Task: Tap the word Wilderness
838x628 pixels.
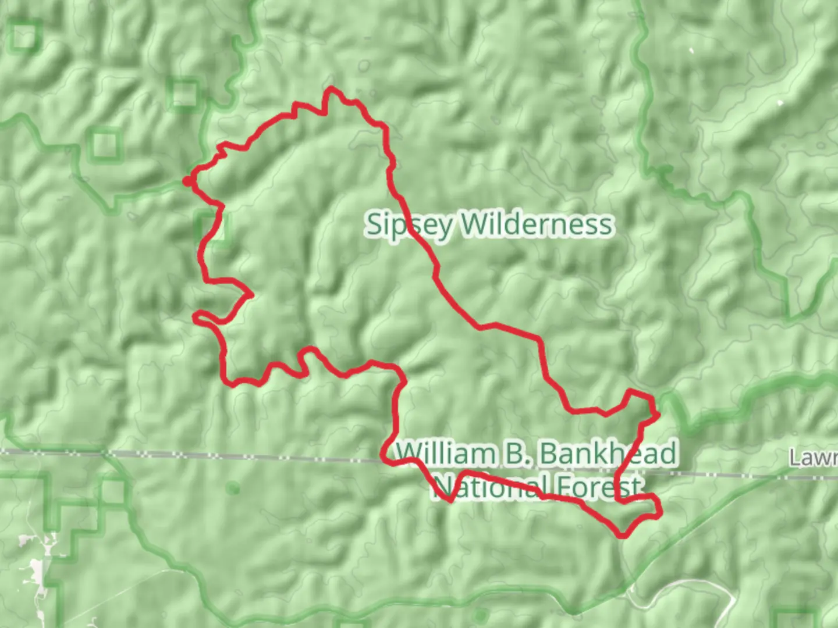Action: pos(537,224)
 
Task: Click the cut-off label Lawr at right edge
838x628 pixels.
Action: pos(813,458)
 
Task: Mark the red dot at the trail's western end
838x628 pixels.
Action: pos(187,181)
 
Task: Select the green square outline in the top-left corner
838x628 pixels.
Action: pos(24,36)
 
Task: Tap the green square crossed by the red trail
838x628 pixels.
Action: pos(212,229)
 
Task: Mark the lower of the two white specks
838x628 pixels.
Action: pos(780,104)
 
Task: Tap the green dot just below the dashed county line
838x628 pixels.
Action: pos(233,487)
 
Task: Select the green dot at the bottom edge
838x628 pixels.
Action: pos(480,615)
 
